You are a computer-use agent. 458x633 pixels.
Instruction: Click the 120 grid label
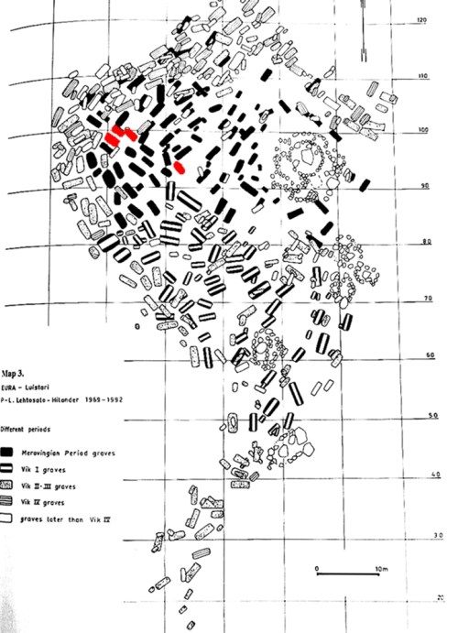(422, 20)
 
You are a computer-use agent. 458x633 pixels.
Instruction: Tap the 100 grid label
(422, 131)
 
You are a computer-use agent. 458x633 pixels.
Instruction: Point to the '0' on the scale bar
(316, 570)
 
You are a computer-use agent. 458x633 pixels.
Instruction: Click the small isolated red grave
(180, 168)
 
